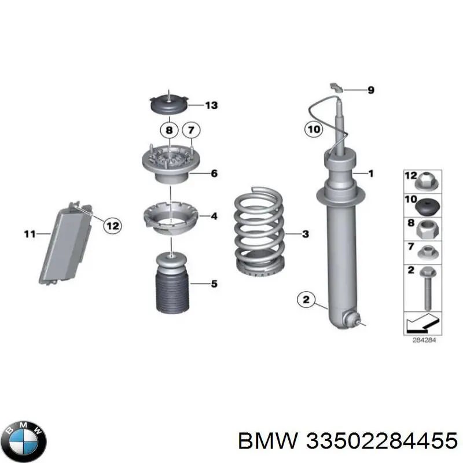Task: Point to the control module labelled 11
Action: click(66, 243)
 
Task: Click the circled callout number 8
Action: click(169, 130)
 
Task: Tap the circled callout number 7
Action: click(191, 130)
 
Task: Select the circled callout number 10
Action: click(314, 129)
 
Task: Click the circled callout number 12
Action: click(112, 226)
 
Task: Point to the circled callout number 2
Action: click(306, 300)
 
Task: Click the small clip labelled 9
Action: click(336, 88)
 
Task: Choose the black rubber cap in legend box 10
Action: click(427, 208)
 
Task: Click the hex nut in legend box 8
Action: click(427, 230)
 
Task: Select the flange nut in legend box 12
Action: click(427, 181)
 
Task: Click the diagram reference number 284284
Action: click(424, 340)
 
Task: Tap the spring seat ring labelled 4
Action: click(171, 218)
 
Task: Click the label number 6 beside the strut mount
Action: click(214, 173)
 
